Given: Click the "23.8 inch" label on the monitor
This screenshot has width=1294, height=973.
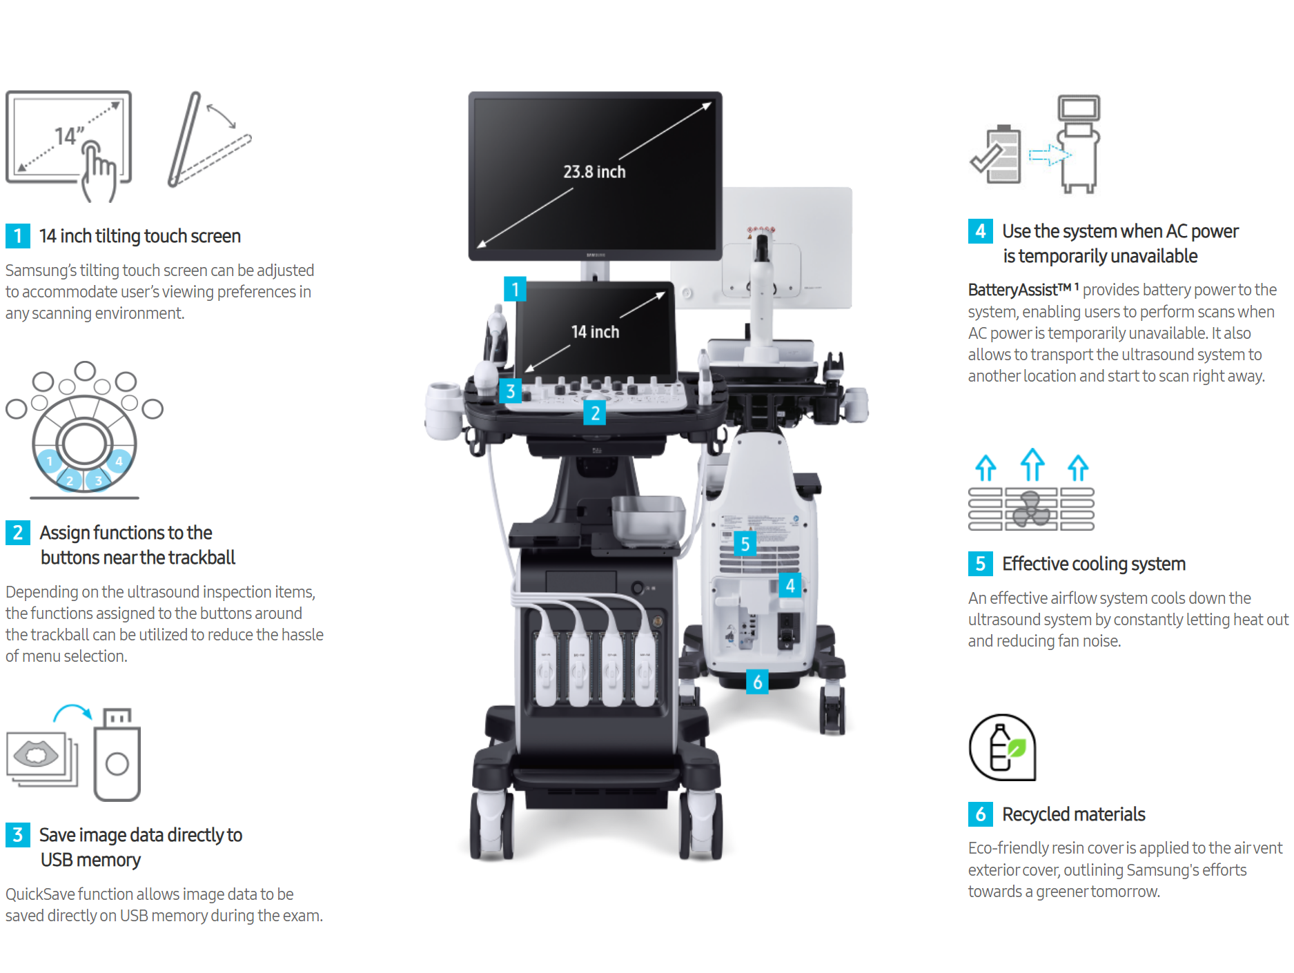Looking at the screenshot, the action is click(x=594, y=172).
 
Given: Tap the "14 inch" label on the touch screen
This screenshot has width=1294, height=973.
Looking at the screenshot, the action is click(x=595, y=332).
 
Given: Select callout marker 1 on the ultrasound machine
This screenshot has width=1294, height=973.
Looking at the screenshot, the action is click(x=515, y=290).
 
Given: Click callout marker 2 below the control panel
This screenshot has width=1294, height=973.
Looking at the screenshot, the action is click(x=595, y=413).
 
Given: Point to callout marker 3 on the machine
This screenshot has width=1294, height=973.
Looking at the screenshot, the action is click(x=510, y=391).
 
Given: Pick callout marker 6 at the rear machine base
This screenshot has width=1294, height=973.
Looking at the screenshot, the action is click(x=757, y=682).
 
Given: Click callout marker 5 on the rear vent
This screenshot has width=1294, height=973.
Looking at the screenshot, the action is click(x=745, y=544).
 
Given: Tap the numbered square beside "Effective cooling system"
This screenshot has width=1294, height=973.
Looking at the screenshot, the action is click(x=980, y=564).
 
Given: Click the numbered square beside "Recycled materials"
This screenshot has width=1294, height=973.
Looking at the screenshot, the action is click(x=980, y=814).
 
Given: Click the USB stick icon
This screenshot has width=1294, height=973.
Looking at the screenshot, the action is click(x=117, y=754).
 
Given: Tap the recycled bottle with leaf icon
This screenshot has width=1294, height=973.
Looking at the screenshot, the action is click(x=1003, y=747).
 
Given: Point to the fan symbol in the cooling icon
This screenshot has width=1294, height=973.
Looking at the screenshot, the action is click(x=1031, y=509).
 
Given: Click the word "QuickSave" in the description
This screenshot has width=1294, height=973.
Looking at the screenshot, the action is click(x=40, y=894).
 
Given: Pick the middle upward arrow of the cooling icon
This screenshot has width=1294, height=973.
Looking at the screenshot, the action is click(x=1032, y=464).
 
